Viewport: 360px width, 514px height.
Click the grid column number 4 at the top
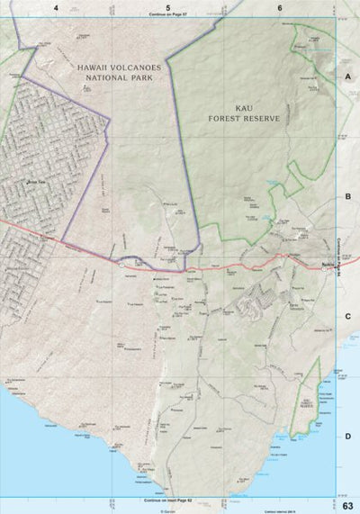(56, 7)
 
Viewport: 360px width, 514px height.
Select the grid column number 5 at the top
(168, 7)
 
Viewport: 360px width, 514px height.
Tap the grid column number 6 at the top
(280, 7)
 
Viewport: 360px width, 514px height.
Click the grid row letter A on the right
(347, 77)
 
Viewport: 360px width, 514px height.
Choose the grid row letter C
(347, 316)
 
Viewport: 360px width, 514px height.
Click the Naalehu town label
(328, 265)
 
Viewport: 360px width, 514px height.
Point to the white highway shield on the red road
(121, 265)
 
